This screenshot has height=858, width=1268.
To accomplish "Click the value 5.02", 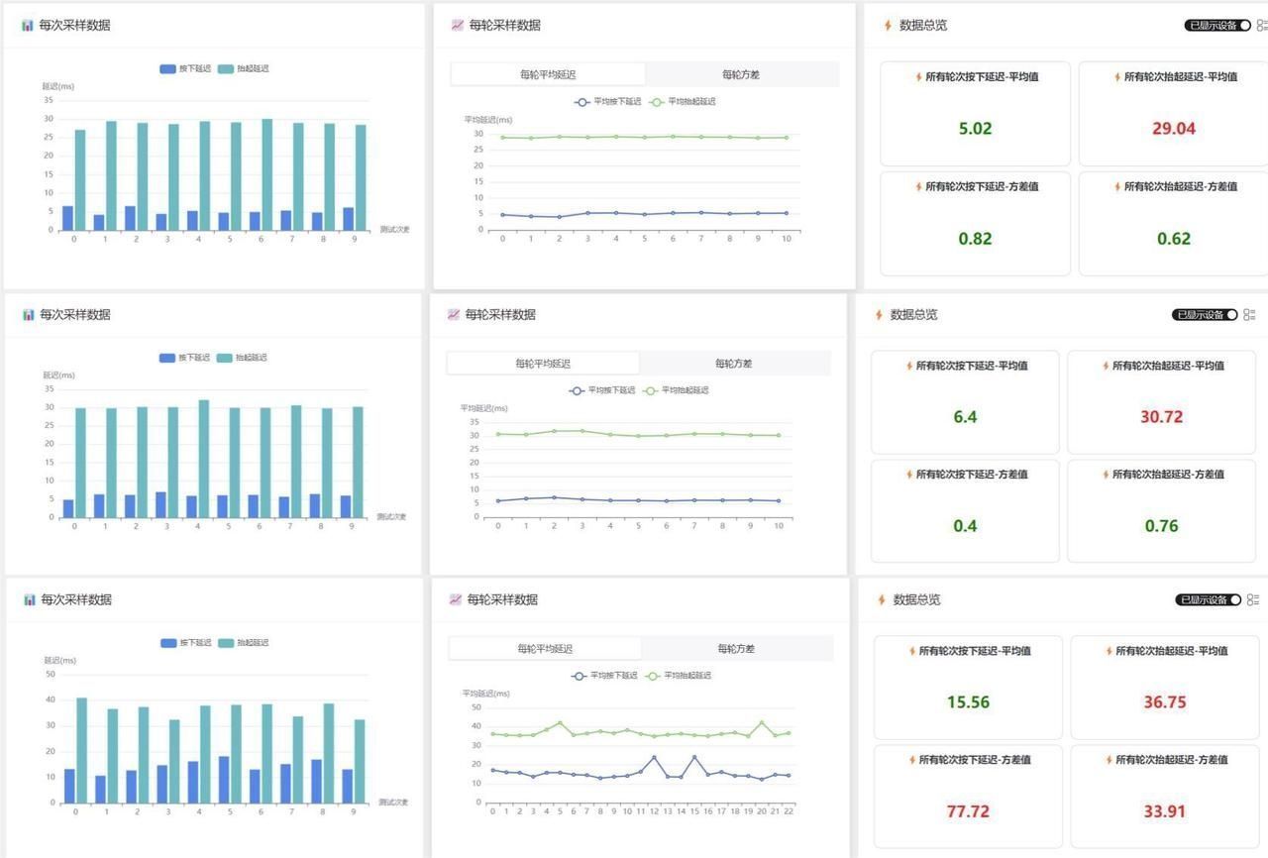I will tap(975, 129).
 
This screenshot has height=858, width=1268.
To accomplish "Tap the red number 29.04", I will tap(1173, 129).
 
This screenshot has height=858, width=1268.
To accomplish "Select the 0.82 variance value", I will tap(975, 239).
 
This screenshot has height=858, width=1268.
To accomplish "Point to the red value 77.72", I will tap(968, 811).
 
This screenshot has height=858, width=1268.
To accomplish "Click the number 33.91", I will tap(1165, 811).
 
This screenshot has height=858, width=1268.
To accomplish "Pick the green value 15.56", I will tap(968, 702).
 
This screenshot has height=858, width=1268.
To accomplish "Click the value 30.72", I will tap(1161, 417).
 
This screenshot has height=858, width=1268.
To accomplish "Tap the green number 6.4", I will tap(965, 417).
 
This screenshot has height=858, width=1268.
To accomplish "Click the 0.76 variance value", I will tap(1161, 526).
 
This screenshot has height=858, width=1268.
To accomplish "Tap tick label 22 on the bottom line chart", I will tap(789, 811).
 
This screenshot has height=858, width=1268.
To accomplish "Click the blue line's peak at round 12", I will tap(654, 758).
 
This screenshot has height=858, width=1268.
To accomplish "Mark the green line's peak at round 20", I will tap(762, 723).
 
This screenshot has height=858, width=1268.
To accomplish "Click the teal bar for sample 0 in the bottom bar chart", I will tap(81, 750).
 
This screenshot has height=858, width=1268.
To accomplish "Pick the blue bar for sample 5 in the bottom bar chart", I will tap(224, 780).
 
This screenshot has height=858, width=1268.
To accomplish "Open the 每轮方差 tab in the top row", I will tap(741, 74).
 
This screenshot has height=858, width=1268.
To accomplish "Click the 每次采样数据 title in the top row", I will tap(74, 26).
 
